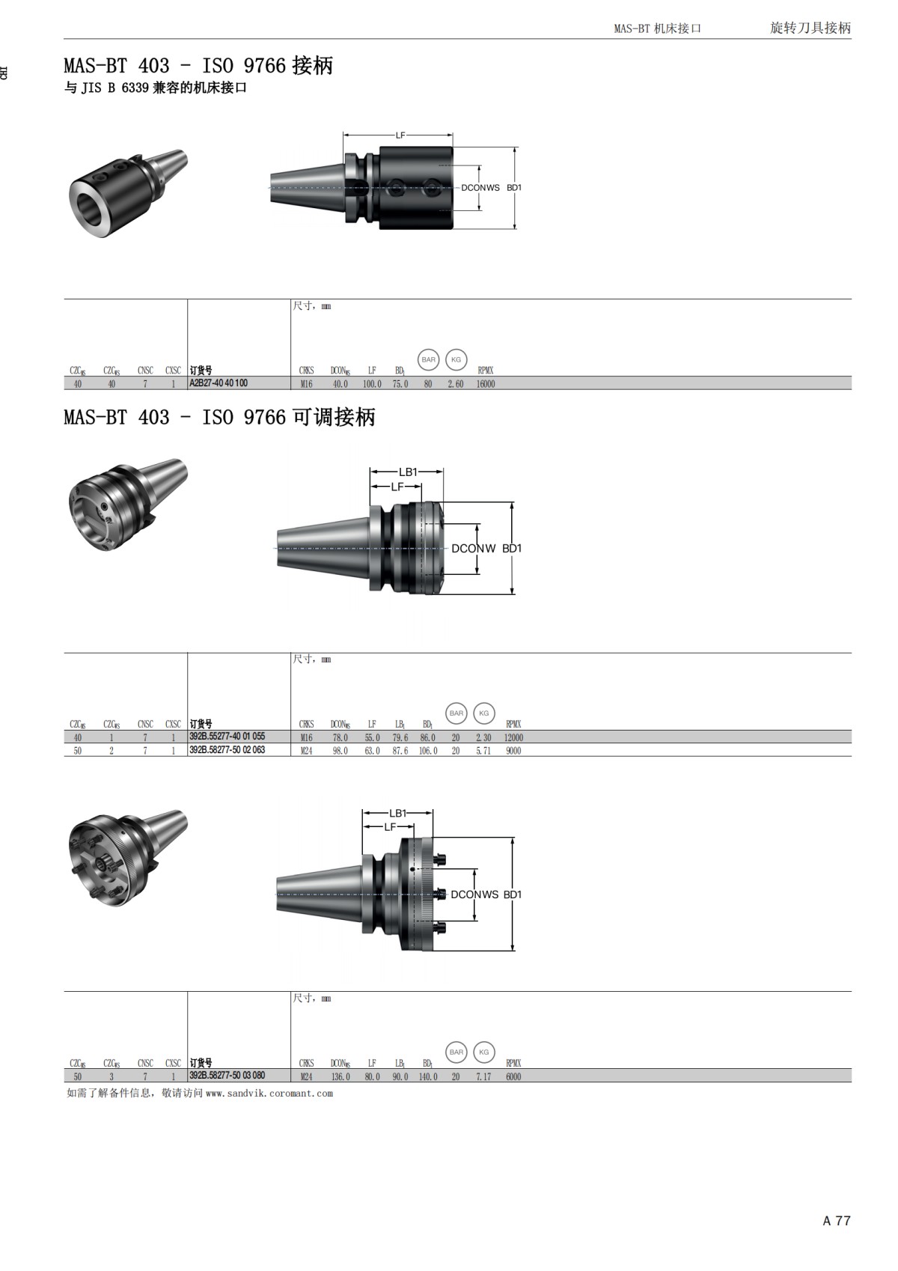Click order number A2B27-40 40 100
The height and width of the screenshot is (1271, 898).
pos(219,383)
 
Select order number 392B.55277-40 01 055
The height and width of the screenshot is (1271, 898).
pos(227,737)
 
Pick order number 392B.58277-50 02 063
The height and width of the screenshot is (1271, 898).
pos(227,750)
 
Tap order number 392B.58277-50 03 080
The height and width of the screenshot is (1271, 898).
pos(227,1076)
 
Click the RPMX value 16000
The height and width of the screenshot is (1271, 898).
pos(486,384)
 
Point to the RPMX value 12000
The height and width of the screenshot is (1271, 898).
pos(513,737)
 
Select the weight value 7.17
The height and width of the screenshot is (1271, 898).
pos(483,1076)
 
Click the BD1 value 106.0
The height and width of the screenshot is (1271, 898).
pos(428,751)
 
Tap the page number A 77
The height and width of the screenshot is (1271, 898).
pos(837,1221)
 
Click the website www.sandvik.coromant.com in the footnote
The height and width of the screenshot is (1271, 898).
pos(269,1094)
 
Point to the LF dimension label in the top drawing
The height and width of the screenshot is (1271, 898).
pos(400,135)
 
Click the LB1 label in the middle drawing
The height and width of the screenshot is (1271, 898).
pos(408,472)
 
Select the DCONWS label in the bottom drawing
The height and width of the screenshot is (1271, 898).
pos(474,894)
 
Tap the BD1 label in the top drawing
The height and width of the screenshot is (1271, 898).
pos(514,188)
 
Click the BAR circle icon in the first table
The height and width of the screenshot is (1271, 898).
pos(428,360)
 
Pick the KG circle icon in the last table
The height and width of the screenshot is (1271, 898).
pos(483,1052)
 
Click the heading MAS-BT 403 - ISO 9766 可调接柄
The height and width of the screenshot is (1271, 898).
pos(219,417)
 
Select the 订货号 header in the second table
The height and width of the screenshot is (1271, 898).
pos(201,724)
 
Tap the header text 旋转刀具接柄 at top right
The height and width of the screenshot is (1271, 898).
pos(810,28)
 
